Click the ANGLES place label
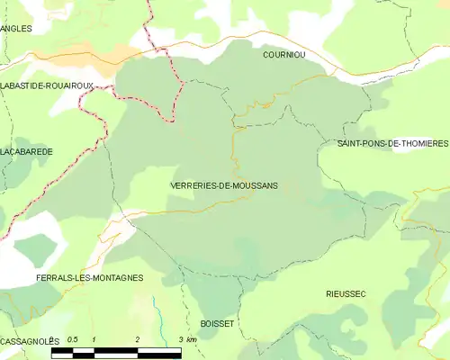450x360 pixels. (16, 29)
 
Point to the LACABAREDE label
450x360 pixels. (27, 152)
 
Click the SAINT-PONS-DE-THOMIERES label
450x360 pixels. (392, 144)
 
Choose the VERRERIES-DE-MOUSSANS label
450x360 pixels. (223, 184)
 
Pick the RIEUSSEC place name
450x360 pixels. (346, 294)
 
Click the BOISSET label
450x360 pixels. (216, 322)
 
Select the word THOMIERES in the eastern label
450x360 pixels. (422, 144)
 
